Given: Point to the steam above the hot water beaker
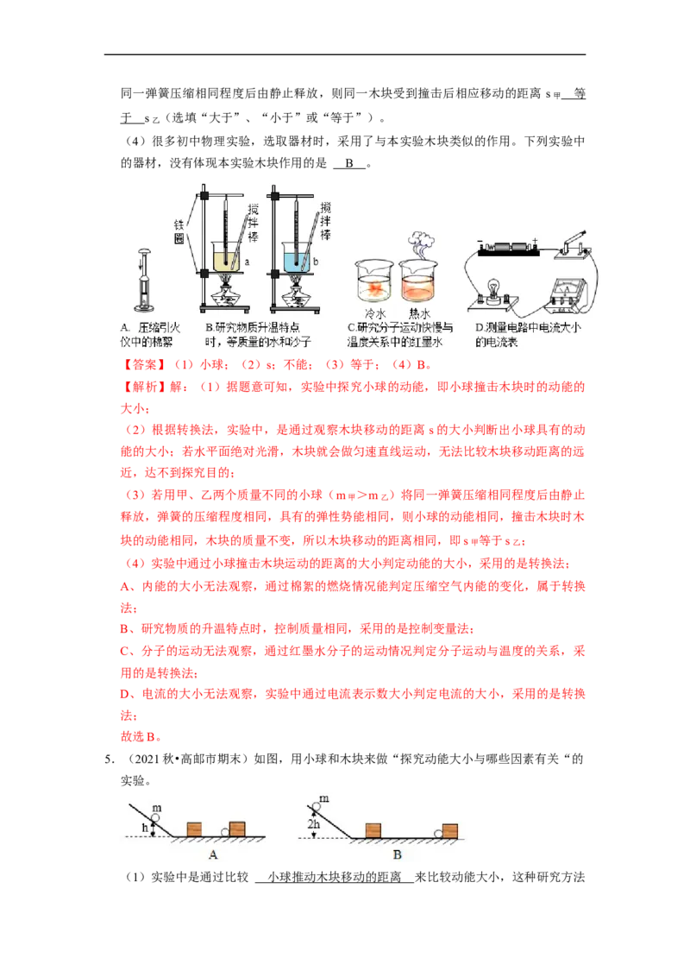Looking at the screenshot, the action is (420, 244).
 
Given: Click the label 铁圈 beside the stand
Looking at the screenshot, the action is (179, 232).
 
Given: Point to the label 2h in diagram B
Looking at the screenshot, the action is (314, 823).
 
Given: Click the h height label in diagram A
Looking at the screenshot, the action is (145, 828).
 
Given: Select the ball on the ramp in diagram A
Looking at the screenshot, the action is (155, 817).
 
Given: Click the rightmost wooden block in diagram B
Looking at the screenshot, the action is (449, 831).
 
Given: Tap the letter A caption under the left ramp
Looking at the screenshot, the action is (213, 854).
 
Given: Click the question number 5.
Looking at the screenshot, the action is (109, 759).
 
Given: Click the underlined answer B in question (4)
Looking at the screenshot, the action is (349, 163).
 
